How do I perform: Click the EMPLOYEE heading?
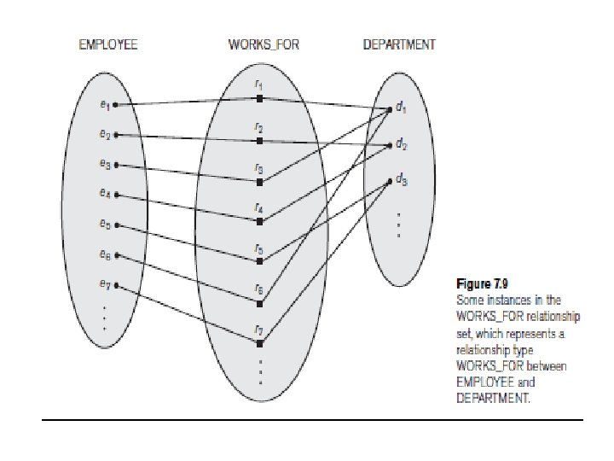pyautogui.click(x=107, y=45)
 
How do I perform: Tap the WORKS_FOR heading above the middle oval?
pyautogui.click(x=263, y=45)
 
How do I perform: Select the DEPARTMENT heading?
pyautogui.click(x=399, y=45)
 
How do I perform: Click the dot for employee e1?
pyautogui.click(x=116, y=105)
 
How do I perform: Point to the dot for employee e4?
pyautogui.click(x=116, y=195)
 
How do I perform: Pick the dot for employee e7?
pyautogui.click(x=116, y=285)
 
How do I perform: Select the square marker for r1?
pyautogui.click(x=259, y=99)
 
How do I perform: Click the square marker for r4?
pyautogui.click(x=259, y=221)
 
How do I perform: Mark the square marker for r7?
pyautogui.click(x=259, y=343)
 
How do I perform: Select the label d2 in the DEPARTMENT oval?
pyautogui.click(x=401, y=145)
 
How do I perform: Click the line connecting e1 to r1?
pyautogui.click(x=188, y=102)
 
